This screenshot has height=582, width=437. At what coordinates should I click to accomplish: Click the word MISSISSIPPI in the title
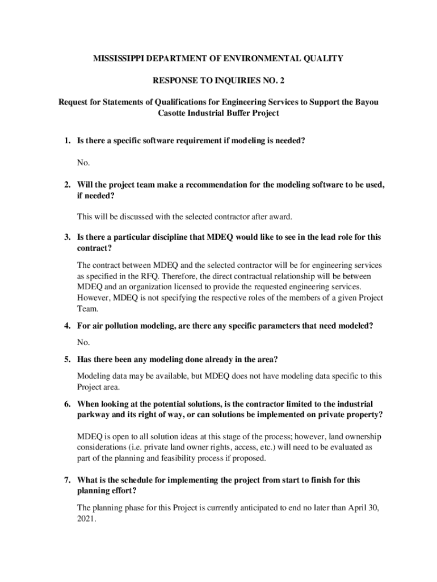pos(117,58)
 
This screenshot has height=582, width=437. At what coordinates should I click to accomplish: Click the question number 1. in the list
pos(67,140)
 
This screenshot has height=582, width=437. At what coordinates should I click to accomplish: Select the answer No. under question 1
pos(83,163)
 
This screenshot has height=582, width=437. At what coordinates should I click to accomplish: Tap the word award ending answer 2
pos(281,217)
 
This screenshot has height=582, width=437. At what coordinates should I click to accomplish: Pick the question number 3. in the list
pos(67,237)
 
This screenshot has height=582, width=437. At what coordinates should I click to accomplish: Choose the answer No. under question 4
pos(83,343)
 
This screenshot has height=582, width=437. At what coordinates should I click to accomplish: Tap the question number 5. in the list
pos(67,360)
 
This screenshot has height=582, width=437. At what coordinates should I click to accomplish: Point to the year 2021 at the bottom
pos(85,518)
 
